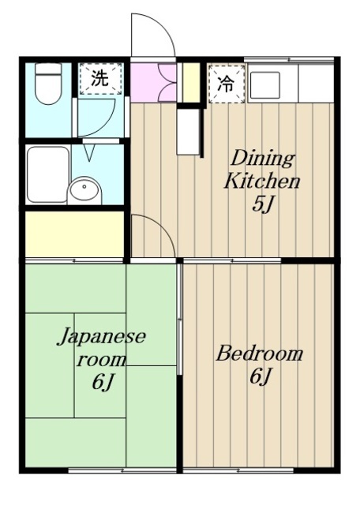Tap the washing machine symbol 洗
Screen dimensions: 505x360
click(x=99, y=78)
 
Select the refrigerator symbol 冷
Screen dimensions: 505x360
click(x=226, y=82)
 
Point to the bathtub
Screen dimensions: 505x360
click(x=46, y=174)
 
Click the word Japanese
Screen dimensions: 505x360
click(x=101, y=338)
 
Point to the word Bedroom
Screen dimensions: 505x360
click(x=260, y=353)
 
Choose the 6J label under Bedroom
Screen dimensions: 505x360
click(x=261, y=377)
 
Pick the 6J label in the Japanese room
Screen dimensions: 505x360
click(x=103, y=384)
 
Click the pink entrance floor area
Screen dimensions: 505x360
click(x=154, y=82)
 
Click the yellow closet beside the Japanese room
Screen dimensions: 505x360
click(x=75, y=233)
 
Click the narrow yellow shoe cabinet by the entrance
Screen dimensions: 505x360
click(x=191, y=82)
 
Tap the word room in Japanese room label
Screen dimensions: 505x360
click(x=100, y=361)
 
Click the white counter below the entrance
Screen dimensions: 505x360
click(x=186, y=131)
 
